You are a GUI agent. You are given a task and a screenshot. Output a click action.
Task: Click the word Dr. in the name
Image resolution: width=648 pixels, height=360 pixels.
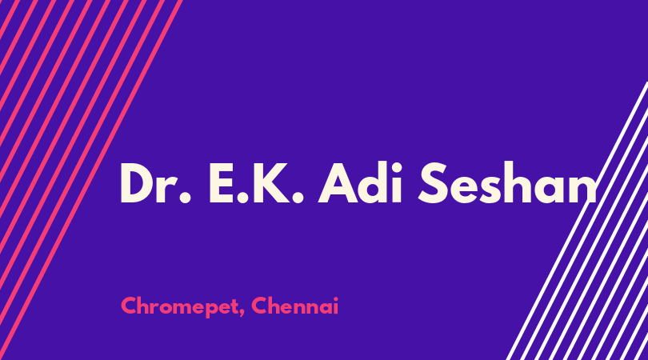(155, 183)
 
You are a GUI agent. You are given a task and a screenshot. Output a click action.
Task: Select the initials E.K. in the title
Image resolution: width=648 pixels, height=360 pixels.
(256, 183)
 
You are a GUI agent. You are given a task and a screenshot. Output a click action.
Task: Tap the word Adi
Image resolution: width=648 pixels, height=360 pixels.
(359, 182)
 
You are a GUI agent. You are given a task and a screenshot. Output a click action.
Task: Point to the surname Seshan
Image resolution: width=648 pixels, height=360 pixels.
(507, 182)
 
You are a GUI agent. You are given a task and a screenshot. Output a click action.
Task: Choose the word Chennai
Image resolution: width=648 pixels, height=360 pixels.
(294, 306)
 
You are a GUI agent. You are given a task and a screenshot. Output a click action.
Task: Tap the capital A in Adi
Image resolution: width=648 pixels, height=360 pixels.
(338, 183)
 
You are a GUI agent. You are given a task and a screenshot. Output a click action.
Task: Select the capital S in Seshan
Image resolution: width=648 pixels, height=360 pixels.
(434, 182)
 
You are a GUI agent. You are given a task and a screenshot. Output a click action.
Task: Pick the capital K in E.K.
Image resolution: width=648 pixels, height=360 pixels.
(270, 183)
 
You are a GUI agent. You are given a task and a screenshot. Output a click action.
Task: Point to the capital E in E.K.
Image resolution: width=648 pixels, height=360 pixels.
(222, 183)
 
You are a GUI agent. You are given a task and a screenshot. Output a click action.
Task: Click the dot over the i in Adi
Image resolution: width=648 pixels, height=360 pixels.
(396, 166)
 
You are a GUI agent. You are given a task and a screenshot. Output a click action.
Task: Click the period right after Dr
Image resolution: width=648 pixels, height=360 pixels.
(185, 198)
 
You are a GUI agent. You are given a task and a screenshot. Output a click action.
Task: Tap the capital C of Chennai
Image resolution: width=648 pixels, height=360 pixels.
(260, 306)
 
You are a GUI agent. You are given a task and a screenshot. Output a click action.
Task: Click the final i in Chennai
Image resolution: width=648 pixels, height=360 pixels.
(335, 306)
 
